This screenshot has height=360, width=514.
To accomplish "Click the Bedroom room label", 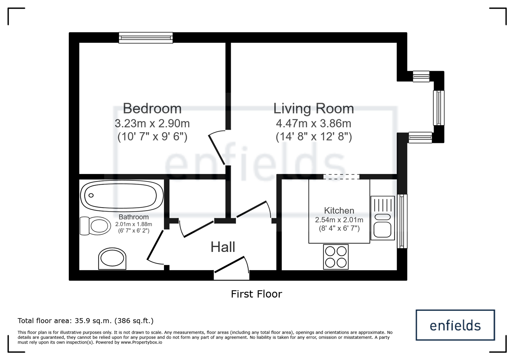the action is tap(152, 108).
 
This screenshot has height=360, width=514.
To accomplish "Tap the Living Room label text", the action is tap(313, 108).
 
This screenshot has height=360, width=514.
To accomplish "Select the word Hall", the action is tap(223, 247).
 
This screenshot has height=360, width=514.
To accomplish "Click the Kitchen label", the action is tap(339, 210).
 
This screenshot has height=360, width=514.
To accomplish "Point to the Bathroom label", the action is tap(133, 217).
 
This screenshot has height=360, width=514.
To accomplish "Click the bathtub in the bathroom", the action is tap(122, 196).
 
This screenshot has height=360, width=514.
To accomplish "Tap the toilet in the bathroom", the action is tap(95, 226).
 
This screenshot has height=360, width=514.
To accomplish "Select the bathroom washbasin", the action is tap(112, 259).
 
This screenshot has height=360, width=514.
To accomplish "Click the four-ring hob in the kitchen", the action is tap(336, 257).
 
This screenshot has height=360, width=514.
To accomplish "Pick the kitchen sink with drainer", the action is tap(383, 218).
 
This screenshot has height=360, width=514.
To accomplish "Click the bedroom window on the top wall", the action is tap(146, 38).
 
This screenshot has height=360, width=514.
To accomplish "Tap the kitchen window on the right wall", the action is tap(402, 221).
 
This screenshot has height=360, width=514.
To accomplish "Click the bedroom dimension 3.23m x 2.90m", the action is tap(152, 124).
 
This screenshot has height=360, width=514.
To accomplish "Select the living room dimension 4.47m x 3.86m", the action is tap(313, 124).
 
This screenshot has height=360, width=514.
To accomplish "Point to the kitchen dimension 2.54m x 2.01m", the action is tap(339, 220).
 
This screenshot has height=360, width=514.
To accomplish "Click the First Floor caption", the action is tap(256, 294).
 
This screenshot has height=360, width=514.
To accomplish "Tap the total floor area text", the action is tap(86, 321).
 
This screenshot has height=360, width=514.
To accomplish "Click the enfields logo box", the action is tap(455, 325).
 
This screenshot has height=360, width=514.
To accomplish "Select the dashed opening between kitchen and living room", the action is tap(341, 177).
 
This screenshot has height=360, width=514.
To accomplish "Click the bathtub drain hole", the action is tap(91, 195).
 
